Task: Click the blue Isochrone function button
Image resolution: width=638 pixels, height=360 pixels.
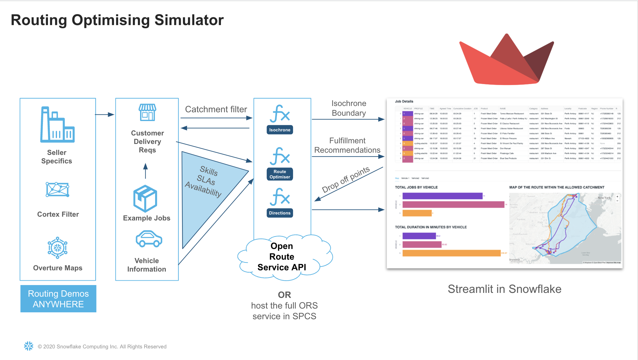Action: point(280,130)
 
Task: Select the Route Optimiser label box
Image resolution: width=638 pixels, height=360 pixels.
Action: point(280,174)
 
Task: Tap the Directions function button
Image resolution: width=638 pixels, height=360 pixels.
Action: point(280,213)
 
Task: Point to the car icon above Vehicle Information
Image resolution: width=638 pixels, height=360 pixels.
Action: point(149,239)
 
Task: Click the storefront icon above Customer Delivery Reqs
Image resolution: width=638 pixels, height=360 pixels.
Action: point(147,113)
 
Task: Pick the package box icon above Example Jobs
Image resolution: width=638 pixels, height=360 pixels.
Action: point(145,198)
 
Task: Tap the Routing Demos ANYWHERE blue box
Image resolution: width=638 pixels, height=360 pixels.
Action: point(58,299)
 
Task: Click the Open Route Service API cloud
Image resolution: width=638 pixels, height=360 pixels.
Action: point(282,257)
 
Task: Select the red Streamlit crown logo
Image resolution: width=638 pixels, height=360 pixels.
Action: point(506,61)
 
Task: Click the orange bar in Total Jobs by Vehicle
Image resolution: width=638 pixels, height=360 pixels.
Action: point(417,213)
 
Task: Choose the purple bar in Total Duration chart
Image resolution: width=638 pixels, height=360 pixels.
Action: point(419,236)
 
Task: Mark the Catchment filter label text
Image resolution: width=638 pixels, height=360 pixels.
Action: point(216,109)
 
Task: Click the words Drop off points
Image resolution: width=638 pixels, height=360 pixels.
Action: point(346,180)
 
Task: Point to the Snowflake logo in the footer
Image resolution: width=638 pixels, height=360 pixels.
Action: point(29,346)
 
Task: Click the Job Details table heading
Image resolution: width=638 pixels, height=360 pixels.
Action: point(404,101)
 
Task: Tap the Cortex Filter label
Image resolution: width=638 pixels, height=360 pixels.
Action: point(58,214)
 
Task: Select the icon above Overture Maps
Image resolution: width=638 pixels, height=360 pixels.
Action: point(57,248)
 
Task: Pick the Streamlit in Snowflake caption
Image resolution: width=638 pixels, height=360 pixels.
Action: point(504,289)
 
